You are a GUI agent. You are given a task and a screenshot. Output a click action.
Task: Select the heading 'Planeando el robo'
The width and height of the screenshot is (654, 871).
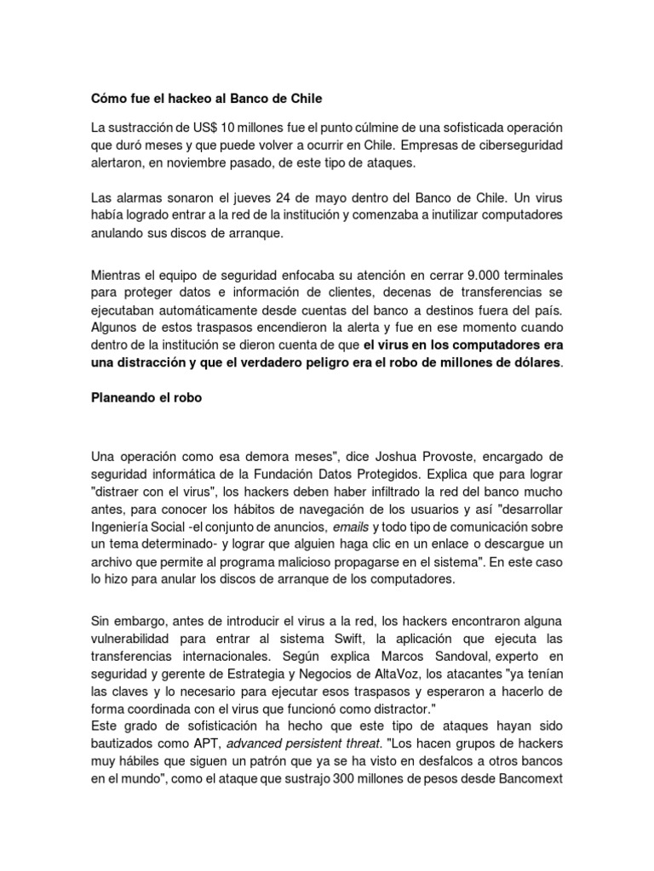146,398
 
